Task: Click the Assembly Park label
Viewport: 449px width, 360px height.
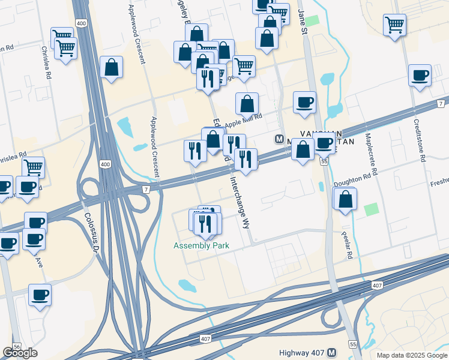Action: pyautogui.click(x=201, y=245)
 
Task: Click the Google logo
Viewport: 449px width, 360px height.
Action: pyautogui.click(x=20, y=353)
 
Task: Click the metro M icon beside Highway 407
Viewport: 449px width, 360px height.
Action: pyautogui.click(x=333, y=352)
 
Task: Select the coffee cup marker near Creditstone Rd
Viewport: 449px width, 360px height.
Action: pyautogui.click(x=420, y=76)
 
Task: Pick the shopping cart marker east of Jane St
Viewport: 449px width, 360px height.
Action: pyautogui.click(x=394, y=25)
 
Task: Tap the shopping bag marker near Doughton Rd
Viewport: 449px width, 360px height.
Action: pyautogui.click(x=346, y=200)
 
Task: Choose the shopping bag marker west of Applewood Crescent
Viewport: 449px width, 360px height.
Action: pyautogui.click(x=111, y=67)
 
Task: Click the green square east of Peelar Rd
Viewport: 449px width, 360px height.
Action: pyautogui.click(x=372, y=209)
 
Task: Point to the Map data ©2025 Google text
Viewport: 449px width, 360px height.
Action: pyautogui.click(x=411, y=355)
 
